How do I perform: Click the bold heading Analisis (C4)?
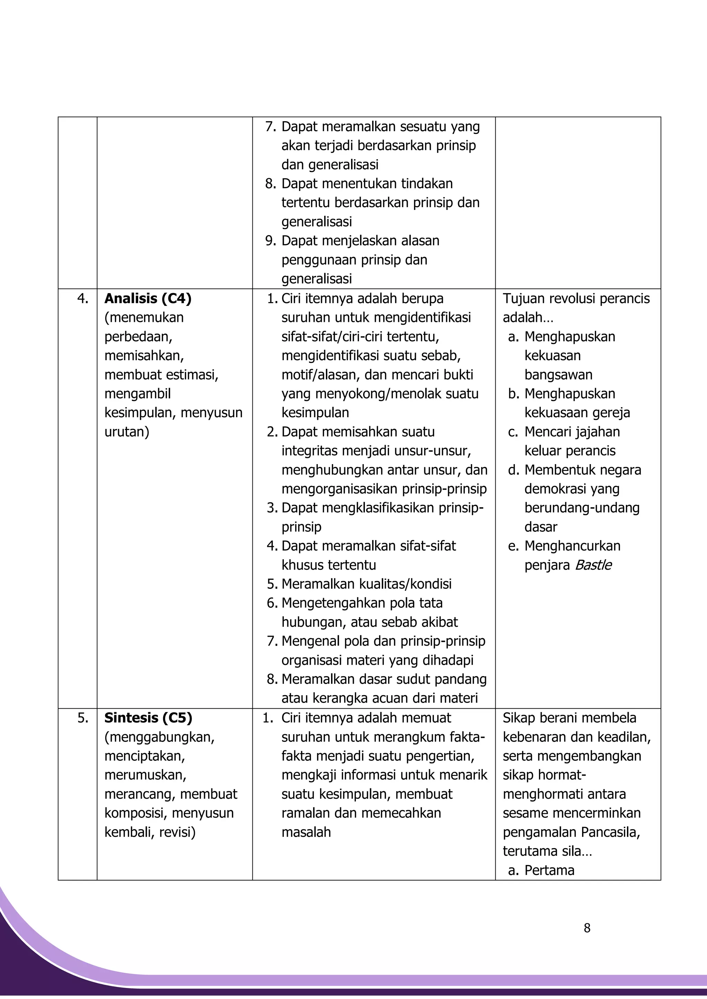pos(148,298)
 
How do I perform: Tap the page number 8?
pos(587,928)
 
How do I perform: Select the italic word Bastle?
pos(593,565)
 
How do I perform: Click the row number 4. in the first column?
pos(83,298)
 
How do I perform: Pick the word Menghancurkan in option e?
pos(572,546)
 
